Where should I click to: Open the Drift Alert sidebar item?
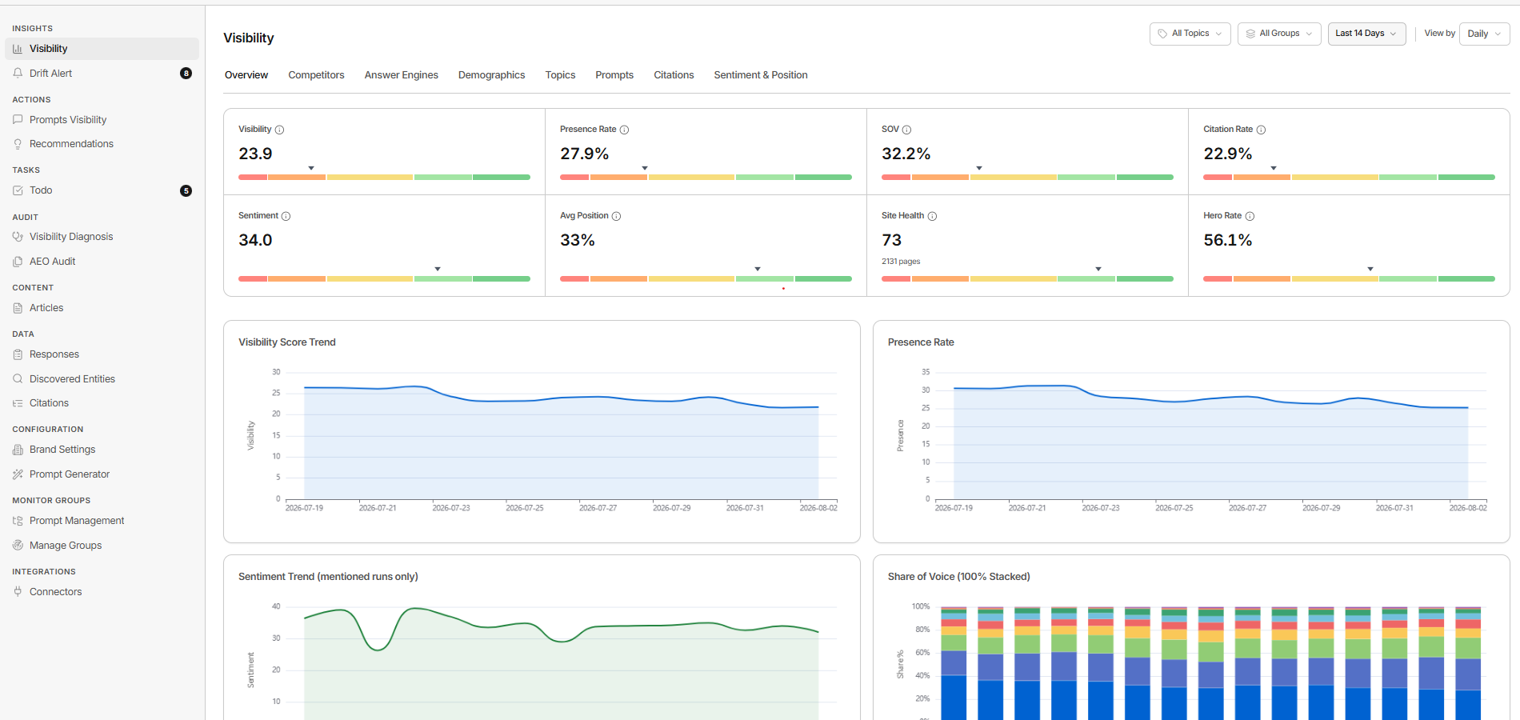tap(50, 74)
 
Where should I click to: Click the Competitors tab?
tap(316, 75)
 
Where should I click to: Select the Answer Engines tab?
tap(401, 75)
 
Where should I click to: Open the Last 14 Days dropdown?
tap(1366, 34)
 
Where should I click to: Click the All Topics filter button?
tap(1190, 34)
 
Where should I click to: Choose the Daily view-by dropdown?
tap(1484, 34)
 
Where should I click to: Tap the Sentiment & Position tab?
tap(760, 75)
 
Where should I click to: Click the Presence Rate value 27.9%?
tap(584, 154)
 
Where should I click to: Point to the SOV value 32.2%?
tap(906, 154)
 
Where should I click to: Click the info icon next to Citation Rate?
tap(1261, 130)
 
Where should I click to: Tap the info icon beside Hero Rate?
tap(1250, 216)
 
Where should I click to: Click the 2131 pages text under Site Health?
tap(901, 262)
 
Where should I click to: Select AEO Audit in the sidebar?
tap(52, 262)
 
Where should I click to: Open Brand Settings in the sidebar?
tap(62, 450)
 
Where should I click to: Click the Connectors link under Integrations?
tap(55, 592)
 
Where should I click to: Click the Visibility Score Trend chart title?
tap(287, 342)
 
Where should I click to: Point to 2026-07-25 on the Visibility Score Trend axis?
tap(525, 508)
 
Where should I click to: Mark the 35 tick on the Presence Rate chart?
tap(926, 372)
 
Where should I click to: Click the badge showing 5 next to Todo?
tap(186, 190)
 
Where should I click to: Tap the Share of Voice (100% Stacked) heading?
tap(958, 577)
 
